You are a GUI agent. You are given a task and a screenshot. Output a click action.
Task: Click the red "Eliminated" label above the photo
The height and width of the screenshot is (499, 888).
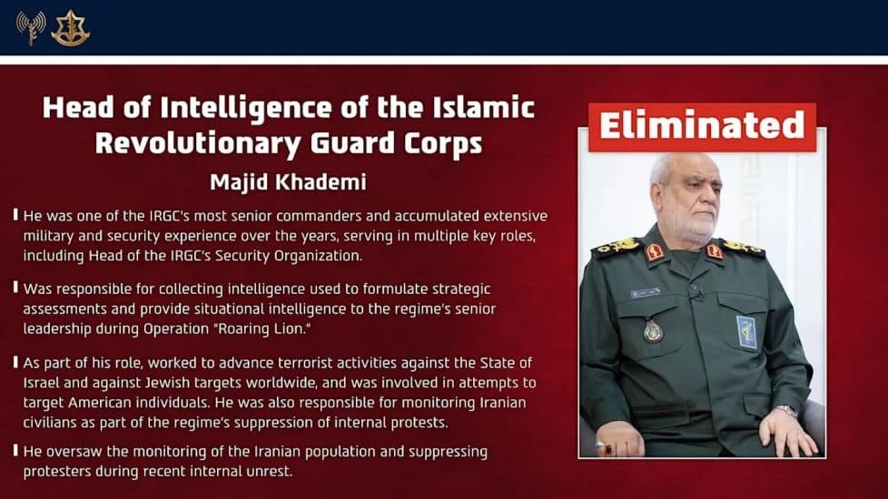702,126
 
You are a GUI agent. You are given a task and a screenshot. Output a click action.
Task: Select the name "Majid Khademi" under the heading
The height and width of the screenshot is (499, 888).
289,181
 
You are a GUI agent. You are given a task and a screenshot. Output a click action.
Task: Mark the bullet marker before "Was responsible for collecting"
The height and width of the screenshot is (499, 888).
15,289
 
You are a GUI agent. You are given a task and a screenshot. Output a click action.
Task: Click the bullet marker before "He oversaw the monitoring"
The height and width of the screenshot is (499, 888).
15,451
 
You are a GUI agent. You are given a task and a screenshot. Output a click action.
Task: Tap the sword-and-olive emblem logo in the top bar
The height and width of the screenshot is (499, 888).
70,28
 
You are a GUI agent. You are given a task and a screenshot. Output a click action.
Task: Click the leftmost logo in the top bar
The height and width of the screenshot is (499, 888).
30,27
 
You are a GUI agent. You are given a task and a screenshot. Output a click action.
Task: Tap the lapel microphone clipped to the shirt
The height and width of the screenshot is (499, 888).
695,292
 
